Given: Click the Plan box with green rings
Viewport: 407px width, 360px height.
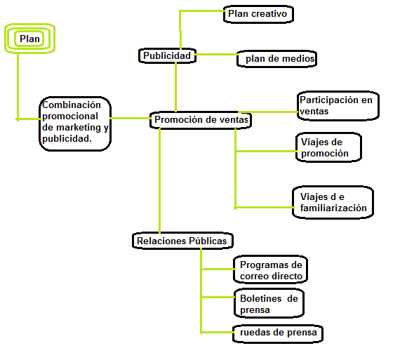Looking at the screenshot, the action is point(29,39).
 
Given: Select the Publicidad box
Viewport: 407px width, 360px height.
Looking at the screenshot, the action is point(167,55).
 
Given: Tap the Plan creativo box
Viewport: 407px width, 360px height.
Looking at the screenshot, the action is point(258,14).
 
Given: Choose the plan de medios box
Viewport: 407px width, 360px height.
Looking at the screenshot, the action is point(276,59).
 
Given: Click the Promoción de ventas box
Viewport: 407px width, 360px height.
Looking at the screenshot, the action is point(201,120).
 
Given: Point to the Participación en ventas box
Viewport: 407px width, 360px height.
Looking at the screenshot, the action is point(338,106).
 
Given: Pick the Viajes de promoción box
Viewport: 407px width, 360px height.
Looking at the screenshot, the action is point(328,147).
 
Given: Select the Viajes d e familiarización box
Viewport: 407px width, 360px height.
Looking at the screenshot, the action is point(333,202).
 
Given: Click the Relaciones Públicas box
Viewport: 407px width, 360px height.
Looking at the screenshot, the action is point(182,241).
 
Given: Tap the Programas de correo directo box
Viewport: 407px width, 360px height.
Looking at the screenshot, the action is point(270,269).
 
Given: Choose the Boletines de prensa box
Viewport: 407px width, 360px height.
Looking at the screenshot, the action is point(269,303).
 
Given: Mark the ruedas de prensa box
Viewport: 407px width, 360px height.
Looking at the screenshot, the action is point(278,333).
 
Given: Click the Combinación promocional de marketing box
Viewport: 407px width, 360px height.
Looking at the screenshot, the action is point(75,124).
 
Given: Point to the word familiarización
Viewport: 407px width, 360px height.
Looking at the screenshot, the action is point(333,208).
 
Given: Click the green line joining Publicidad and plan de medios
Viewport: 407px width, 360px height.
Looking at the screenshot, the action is point(216,55).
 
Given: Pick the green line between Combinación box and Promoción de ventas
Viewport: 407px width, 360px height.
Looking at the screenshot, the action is point(131,119).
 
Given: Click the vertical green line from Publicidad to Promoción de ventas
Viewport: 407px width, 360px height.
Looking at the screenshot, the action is point(175,87).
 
